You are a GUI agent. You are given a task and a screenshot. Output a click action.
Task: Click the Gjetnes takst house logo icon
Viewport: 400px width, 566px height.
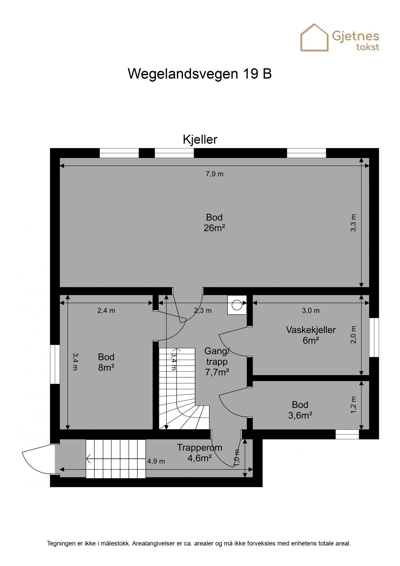tap(314, 38)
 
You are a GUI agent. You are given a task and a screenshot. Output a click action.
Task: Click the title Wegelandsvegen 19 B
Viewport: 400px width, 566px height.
tap(200, 74)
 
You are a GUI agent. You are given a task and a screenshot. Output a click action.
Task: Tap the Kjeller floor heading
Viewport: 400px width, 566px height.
tap(200, 140)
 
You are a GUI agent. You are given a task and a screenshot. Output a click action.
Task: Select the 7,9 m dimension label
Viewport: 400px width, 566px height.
tap(215, 174)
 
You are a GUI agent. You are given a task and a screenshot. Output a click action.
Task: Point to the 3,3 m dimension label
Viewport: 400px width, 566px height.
tap(353, 223)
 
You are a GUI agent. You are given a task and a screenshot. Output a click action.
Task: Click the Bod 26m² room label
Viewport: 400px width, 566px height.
tap(214, 223)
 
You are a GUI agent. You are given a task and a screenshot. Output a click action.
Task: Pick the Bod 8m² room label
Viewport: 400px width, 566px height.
tap(106, 362)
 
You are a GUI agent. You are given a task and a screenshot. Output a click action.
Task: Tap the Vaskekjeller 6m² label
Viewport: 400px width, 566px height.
tap(311, 335)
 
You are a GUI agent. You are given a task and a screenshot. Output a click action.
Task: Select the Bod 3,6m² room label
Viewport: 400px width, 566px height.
tap(300, 410)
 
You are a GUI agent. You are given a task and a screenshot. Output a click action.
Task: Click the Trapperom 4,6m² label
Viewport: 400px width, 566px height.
tap(200, 452)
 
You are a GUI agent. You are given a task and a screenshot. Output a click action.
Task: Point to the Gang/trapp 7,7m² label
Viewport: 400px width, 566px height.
tap(217, 362)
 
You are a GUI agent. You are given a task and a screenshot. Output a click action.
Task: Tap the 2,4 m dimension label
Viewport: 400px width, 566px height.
tap(106, 311)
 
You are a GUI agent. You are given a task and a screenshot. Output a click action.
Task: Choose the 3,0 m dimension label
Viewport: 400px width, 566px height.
tap(311, 311)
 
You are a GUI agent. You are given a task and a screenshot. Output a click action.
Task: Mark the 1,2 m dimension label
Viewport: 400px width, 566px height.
tap(353, 405)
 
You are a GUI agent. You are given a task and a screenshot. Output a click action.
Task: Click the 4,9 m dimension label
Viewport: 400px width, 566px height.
tap(156, 461)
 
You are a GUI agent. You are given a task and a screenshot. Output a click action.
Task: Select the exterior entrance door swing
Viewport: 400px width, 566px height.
tap(36, 459)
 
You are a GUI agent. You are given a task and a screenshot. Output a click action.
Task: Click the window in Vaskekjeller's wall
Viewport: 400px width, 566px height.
tap(374, 337)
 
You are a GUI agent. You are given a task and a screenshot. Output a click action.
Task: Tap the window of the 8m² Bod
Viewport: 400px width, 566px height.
tap(55, 364)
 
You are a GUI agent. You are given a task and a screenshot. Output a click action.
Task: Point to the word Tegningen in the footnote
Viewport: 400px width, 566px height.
tap(61, 543)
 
